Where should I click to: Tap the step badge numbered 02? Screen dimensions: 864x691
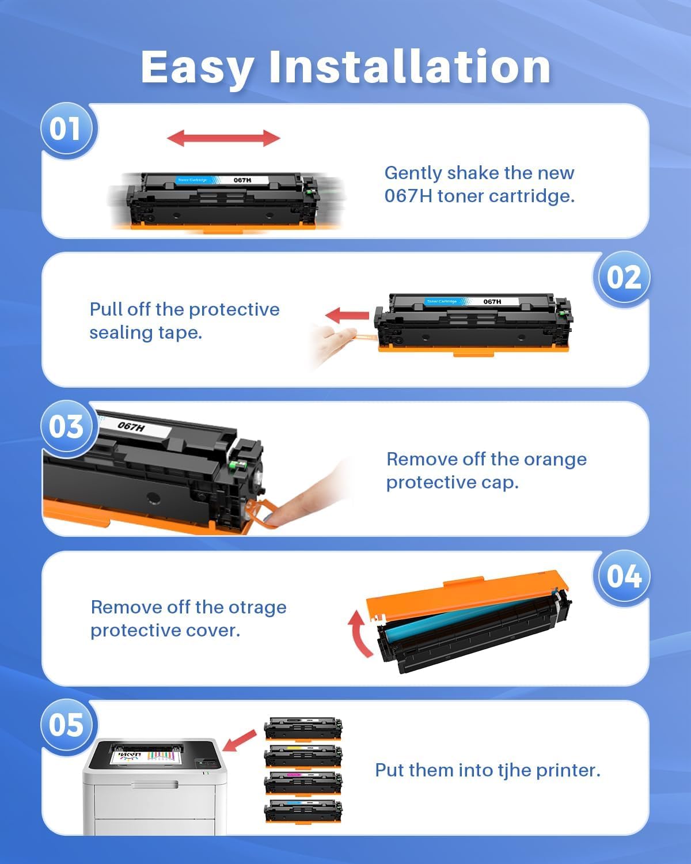pos(622,278)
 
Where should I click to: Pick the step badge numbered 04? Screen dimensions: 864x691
pos(622,577)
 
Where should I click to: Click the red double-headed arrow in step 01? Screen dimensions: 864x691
pos(223,138)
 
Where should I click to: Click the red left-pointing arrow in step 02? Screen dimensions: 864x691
pos(347,316)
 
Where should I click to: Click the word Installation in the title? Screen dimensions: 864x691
pos(409,67)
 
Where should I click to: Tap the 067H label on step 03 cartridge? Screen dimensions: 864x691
pos(132,427)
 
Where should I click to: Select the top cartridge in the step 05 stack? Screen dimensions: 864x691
pos(303,728)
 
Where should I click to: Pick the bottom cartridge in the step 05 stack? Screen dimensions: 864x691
pos(303,811)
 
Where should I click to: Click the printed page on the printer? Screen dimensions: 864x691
pos(147,755)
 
